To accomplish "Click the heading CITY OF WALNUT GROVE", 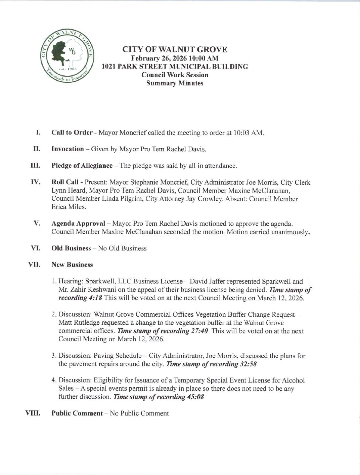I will pos(175,50).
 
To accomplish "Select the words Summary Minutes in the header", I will pos(175,83).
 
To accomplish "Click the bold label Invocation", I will pos(67,149).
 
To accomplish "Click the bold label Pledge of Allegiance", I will pos(82,166).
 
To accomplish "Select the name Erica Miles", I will pos(69,207).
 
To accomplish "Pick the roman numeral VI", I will pos(36,248).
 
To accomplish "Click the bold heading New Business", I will pos(72,265).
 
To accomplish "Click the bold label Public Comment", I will pos(77,413).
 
